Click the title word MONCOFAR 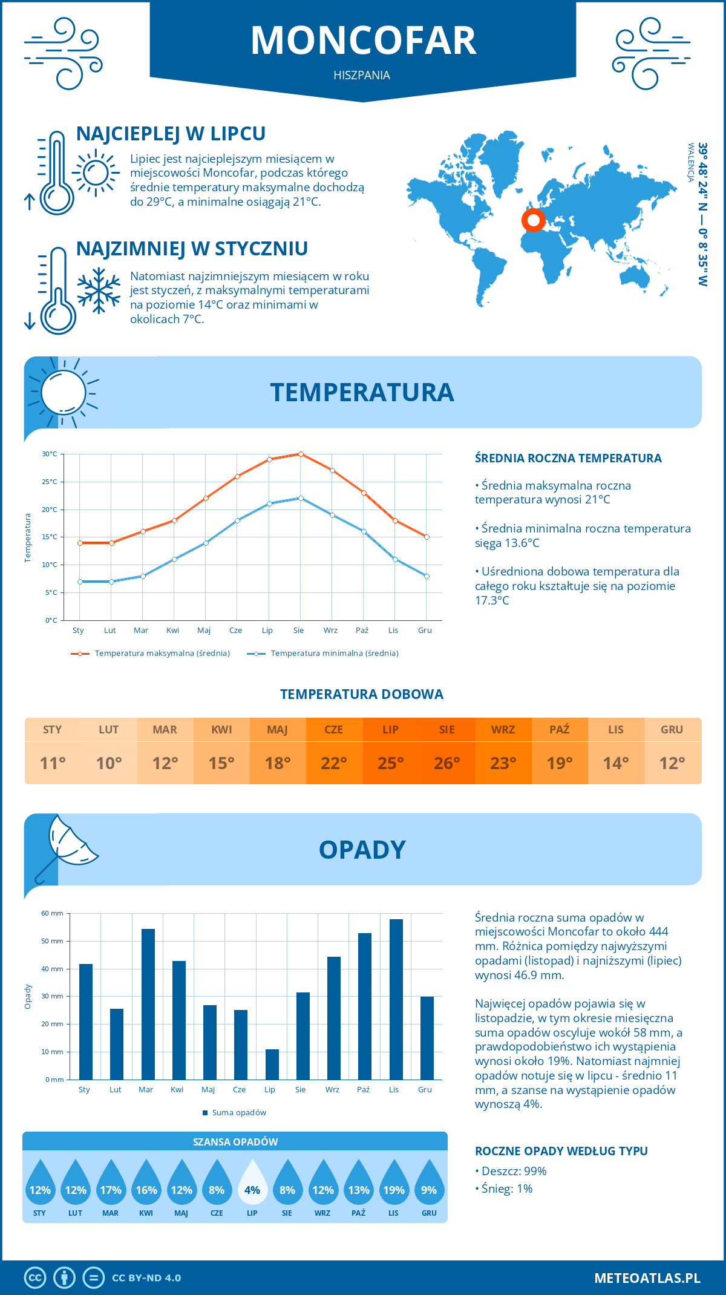coord(363,41)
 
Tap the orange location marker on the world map coord(533,220)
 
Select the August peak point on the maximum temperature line coord(301,454)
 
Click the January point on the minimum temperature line coord(80,582)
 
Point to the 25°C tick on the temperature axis coord(50,482)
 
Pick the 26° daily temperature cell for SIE coord(447,763)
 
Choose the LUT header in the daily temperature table coord(109,730)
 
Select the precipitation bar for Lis coord(396,999)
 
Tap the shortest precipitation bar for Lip coord(272,1064)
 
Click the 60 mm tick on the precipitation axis coord(53,913)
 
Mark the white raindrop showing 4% coord(252,1182)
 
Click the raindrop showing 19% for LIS coord(394,1182)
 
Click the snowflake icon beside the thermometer coord(99,290)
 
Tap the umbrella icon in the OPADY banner coord(67,847)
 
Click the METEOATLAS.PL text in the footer coord(647,1278)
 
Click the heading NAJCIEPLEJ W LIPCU coord(171,134)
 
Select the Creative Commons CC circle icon coord(35,1278)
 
